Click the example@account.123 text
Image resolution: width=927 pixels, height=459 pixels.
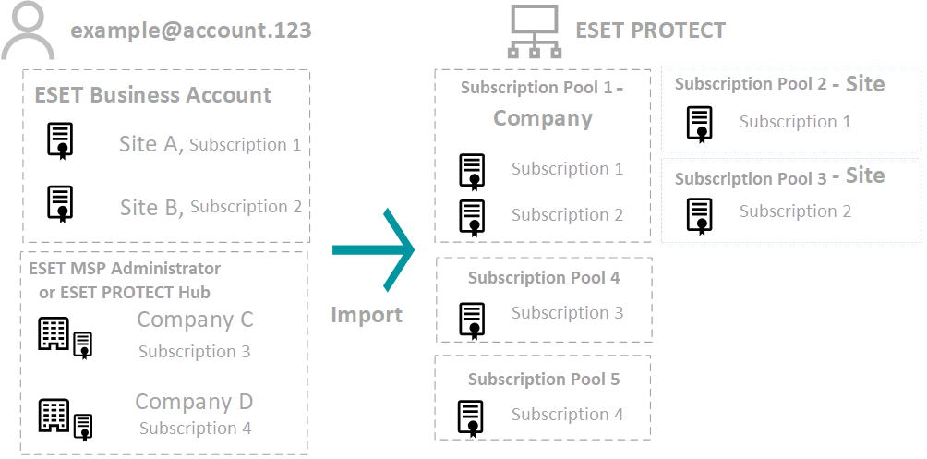tap(191, 30)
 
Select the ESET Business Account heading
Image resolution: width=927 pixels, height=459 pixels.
tap(153, 95)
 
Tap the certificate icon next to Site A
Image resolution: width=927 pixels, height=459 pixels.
tap(61, 141)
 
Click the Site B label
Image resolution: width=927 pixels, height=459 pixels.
tap(151, 208)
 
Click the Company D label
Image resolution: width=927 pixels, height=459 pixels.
tap(194, 402)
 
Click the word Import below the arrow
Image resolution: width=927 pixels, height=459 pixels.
tap(367, 315)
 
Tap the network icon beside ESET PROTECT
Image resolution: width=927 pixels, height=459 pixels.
tap(534, 31)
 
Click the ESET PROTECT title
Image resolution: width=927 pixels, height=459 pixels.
tap(650, 30)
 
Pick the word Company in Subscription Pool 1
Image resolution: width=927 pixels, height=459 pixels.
tap(542, 118)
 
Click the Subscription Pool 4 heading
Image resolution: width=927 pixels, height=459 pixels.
tap(544, 278)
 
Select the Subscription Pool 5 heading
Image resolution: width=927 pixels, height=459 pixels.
tap(544, 380)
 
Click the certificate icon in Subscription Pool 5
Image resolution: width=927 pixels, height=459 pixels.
tap(471, 417)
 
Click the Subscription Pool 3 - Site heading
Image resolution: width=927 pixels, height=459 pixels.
tap(779, 177)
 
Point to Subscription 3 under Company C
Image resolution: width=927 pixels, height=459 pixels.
tap(194, 352)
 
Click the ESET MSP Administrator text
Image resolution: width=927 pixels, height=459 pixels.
tap(125, 269)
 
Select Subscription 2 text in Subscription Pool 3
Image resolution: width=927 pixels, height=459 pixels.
tap(795, 211)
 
